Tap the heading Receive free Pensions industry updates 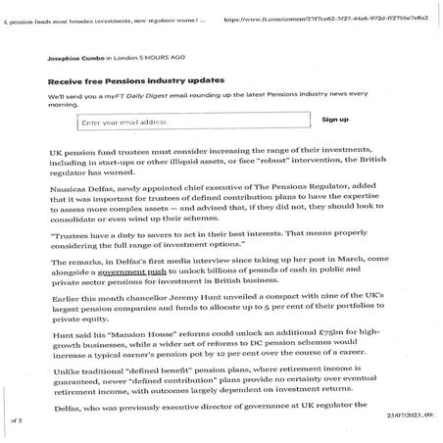pos(136,79)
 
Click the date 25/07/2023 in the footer pos(403,418)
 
